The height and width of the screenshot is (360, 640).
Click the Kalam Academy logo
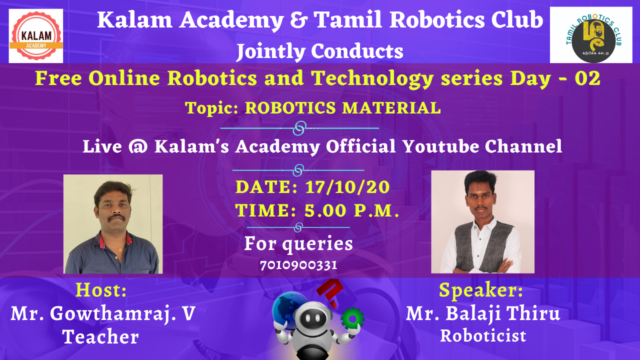[x=36, y=35]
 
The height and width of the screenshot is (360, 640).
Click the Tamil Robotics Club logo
[x=590, y=35]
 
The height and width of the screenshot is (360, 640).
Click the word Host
[x=101, y=289]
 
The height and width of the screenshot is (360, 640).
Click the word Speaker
[x=481, y=290]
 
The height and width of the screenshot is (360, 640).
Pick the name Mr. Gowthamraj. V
[x=103, y=313]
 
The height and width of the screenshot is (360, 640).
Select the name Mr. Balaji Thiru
[x=483, y=313]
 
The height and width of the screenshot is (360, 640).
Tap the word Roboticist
[x=483, y=335]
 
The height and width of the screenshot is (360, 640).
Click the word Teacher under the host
[x=100, y=337]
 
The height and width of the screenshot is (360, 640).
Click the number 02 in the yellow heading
[x=587, y=79]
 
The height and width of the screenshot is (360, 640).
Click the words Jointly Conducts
[x=320, y=51]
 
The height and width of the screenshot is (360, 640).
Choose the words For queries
[x=298, y=244]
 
